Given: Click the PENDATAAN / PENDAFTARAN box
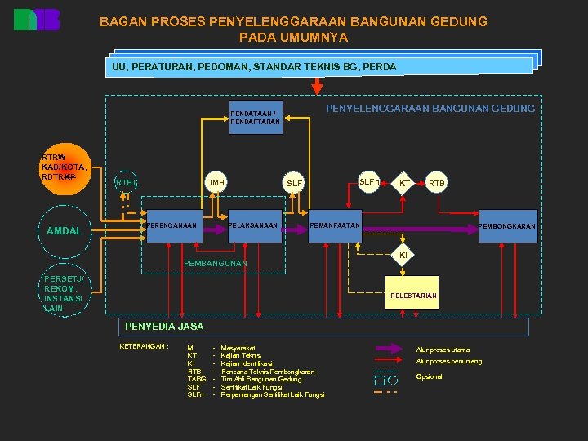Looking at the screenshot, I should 254,118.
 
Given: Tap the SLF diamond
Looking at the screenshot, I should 294,183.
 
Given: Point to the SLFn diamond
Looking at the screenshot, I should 368,181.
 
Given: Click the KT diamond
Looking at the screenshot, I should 404,184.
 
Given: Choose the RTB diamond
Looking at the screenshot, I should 437,184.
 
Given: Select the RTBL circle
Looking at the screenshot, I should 126,182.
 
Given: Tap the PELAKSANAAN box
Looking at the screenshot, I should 254,226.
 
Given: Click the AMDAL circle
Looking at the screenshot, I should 64,231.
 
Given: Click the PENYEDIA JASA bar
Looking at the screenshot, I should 324,327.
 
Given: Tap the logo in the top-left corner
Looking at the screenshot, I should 37,20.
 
